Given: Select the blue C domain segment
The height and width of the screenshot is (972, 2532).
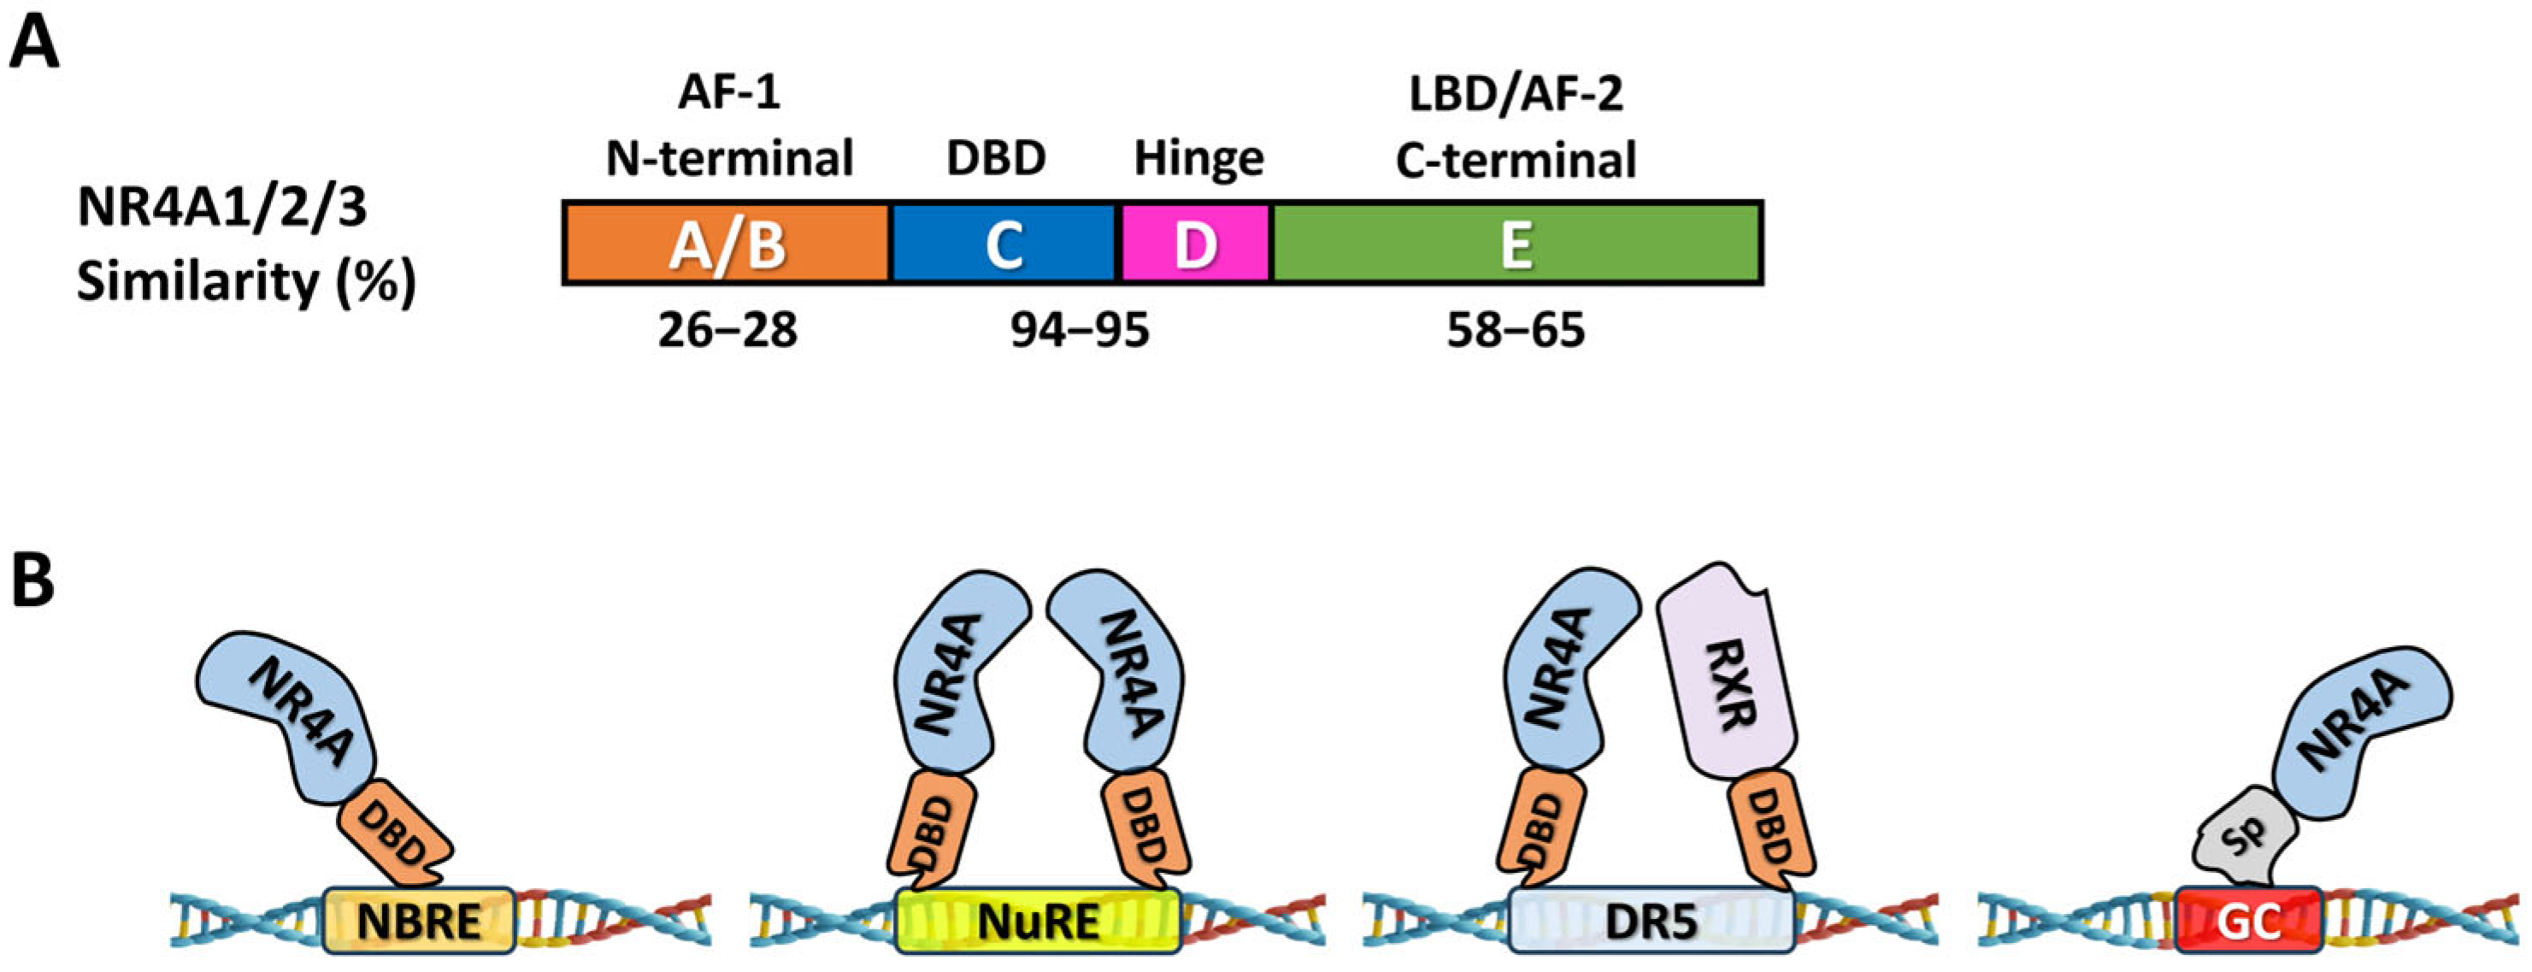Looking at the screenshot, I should coord(1004,244).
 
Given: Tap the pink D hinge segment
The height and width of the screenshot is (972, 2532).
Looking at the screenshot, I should coord(1195,244).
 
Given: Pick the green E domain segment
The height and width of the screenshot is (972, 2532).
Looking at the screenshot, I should coord(1516,244).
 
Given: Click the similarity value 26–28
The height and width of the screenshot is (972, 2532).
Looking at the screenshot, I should coord(727,330).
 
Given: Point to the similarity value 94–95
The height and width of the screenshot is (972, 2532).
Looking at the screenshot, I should coord(1080,330).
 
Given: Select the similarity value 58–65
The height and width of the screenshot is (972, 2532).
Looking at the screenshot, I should coord(1515,330).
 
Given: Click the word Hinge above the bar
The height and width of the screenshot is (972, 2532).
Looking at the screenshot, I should coord(1198,158).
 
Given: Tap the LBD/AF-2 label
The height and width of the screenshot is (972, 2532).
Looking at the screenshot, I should coord(1515,93).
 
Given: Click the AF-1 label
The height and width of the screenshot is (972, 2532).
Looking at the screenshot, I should coord(728,93).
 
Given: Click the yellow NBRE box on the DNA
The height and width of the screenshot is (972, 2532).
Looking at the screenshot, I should coord(419,920).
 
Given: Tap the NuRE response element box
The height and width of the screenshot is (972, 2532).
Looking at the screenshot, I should coord(1037,920).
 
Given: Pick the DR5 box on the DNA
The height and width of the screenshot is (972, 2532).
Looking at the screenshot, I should coord(1651,920).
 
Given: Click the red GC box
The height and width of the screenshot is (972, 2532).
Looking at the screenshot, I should coord(2248,920).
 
